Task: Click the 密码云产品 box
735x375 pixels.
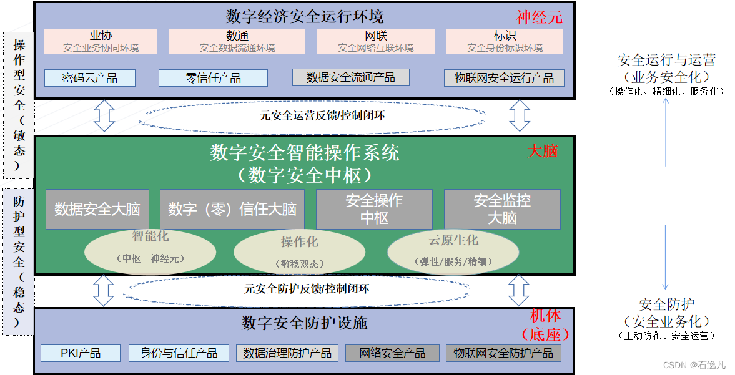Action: [x=89, y=77]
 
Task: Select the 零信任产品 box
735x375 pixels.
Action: [x=213, y=77]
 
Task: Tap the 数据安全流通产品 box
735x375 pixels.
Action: [x=350, y=77]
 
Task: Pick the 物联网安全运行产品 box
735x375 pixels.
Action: [x=504, y=77]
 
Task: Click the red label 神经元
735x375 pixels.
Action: [x=539, y=17]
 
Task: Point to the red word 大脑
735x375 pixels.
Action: [x=543, y=150]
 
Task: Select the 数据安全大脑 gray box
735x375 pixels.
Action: [x=97, y=209]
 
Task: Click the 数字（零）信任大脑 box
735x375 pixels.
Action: [x=232, y=209]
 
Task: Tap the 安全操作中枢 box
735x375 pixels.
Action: [x=374, y=209]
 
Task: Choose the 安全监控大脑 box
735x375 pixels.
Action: [x=502, y=209]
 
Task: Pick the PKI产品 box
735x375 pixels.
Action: [x=81, y=353]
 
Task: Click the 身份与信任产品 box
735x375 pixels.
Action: [x=179, y=353]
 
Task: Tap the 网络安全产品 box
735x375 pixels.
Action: [x=392, y=353]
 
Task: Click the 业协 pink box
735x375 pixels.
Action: [x=101, y=41]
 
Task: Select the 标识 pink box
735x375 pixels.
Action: [x=505, y=41]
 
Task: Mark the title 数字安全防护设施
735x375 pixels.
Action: [x=304, y=323]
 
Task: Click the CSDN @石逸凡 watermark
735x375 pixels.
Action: [x=694, y=365]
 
